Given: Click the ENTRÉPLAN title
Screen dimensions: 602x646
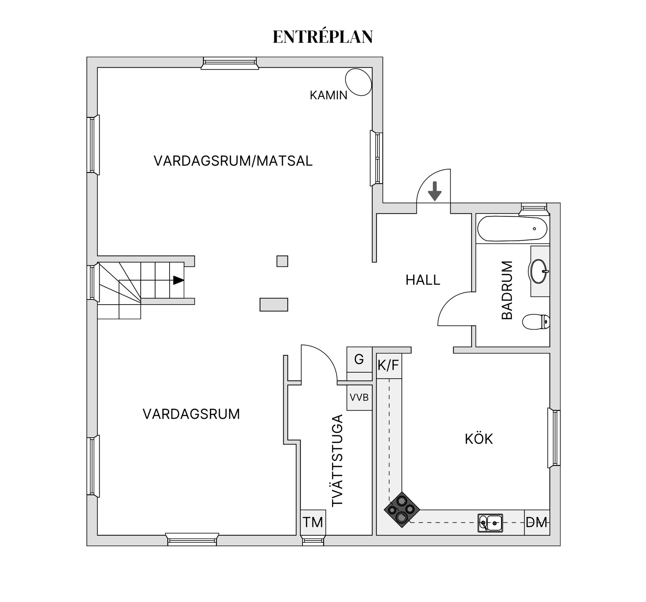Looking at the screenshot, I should (322, 37).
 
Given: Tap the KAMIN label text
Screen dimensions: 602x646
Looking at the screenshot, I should (328, 95).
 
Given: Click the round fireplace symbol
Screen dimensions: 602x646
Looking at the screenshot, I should (358, 82).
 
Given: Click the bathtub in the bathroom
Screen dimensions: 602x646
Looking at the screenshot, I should (512, 229).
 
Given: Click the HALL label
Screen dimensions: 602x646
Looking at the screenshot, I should (423, 280).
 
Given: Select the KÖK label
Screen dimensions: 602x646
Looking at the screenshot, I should (478, 439).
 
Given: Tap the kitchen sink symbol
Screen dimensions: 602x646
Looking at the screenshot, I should (490, 523).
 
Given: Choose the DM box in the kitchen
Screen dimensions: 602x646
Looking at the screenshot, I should (537, 522).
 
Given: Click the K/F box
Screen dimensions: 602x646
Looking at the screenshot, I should (389, 366).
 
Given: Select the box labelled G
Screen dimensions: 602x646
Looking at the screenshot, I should (359, 359).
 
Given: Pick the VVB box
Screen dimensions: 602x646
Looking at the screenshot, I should (359, 398).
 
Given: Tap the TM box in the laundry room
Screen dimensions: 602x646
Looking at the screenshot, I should (313, 522).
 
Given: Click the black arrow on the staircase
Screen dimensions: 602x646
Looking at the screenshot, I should (178, 280).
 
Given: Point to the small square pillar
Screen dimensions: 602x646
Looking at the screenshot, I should (282, 261).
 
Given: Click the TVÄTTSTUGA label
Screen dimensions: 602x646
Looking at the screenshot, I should (337, 461).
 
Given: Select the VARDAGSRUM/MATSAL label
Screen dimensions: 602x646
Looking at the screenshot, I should (233, 161).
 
